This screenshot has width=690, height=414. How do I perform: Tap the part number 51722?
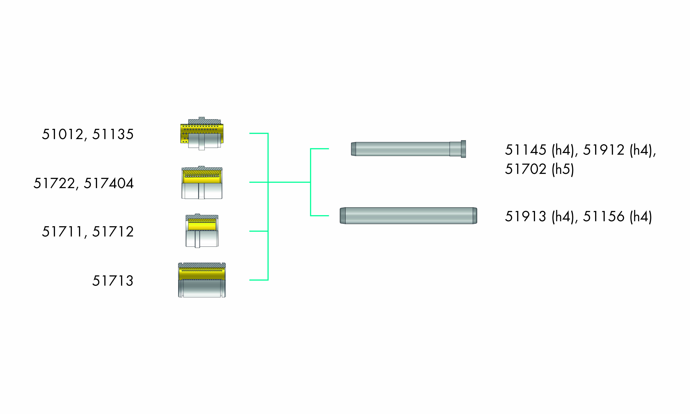[54, 183]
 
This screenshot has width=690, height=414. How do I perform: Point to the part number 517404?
[109, 183]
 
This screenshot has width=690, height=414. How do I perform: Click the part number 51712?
[113, 232]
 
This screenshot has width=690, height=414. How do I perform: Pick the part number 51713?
[113, 281]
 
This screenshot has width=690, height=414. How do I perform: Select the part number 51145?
[526, 150]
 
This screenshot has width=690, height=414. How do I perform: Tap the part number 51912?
[604, 150]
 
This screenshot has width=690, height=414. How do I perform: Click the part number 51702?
[526, 169]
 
